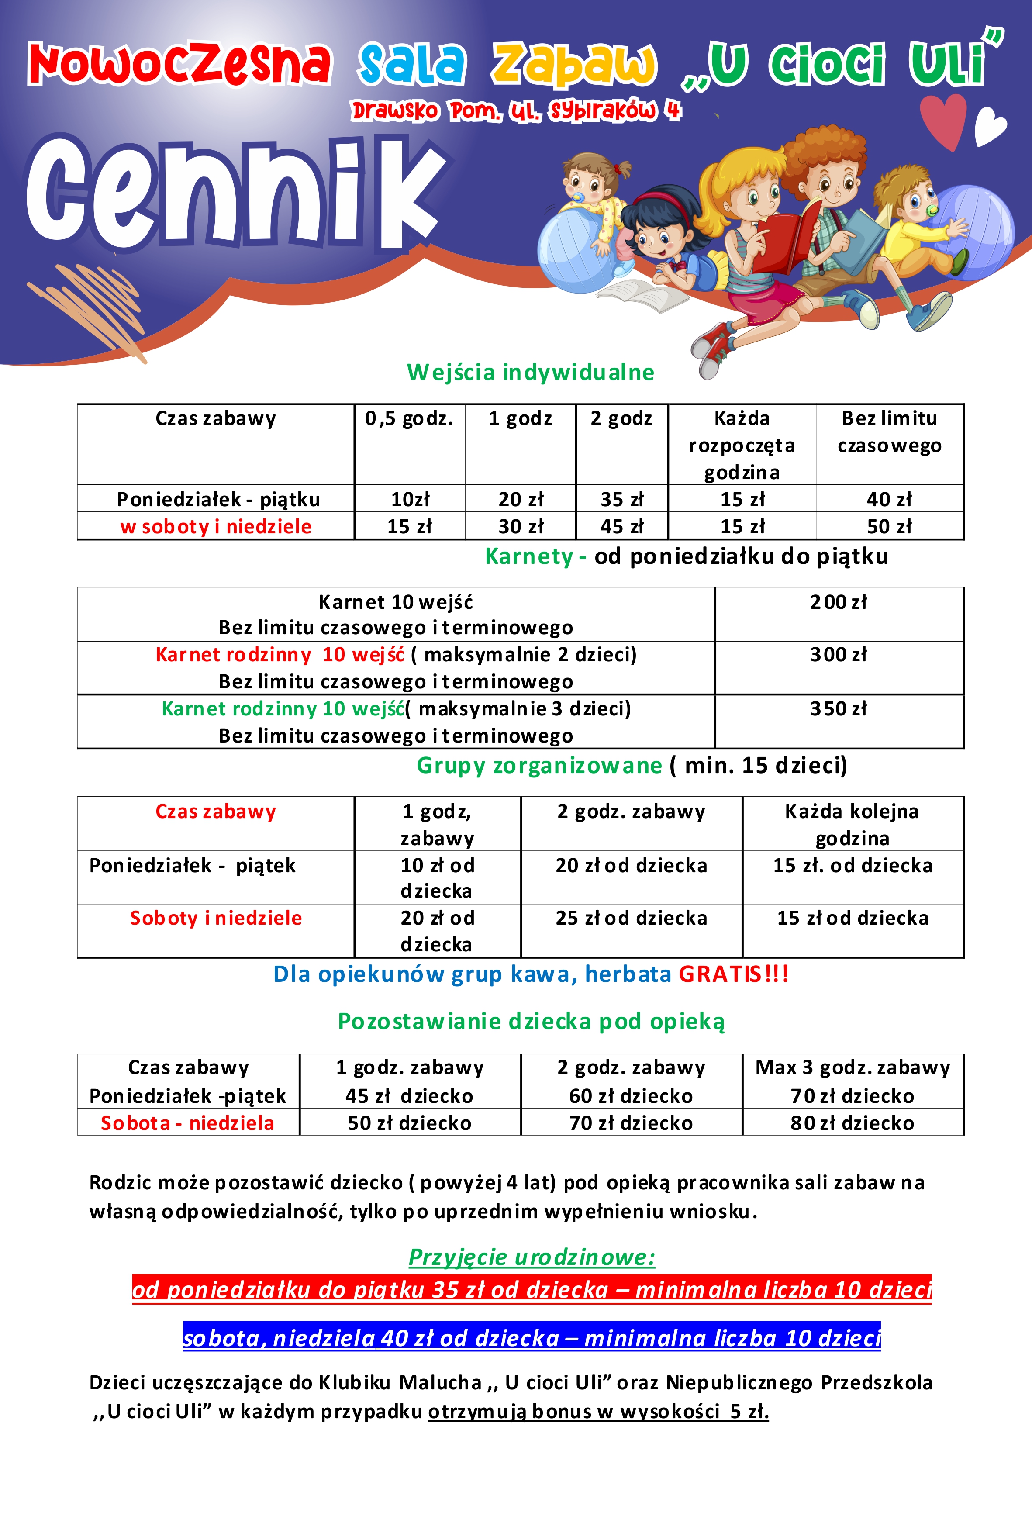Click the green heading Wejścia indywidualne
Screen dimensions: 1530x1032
pos(531,373)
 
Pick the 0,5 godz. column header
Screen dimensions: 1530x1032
pos(409,418)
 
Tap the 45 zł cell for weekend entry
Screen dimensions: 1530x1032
pos(622,526)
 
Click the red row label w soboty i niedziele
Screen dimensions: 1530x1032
pos(216,526)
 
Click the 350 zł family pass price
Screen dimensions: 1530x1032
pos(839,709)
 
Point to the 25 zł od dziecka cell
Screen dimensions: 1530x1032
pos(631,918)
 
